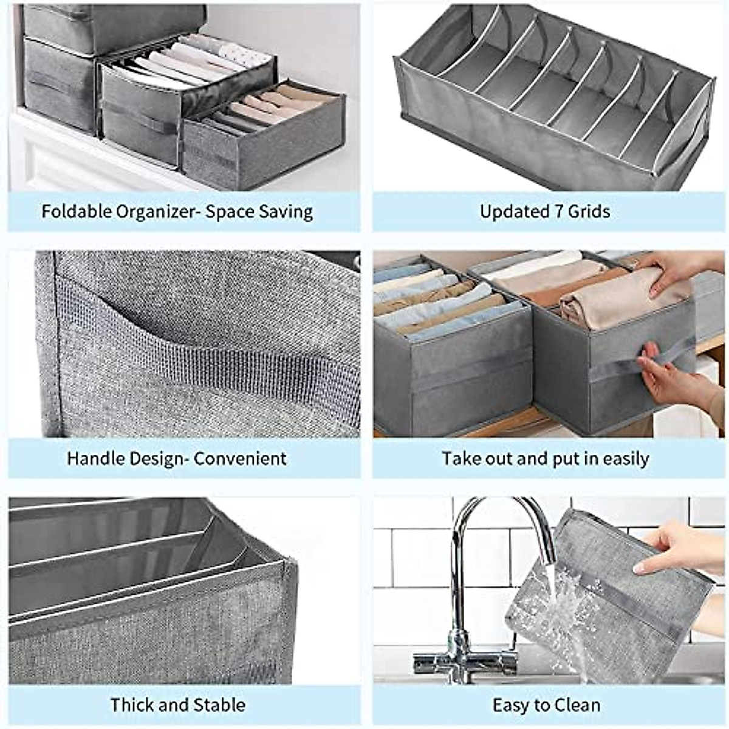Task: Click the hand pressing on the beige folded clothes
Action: pos(674,270)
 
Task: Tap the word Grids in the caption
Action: pos(589,211)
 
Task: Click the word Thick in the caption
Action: pos(130,705)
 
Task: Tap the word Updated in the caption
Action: pos(514,211)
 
